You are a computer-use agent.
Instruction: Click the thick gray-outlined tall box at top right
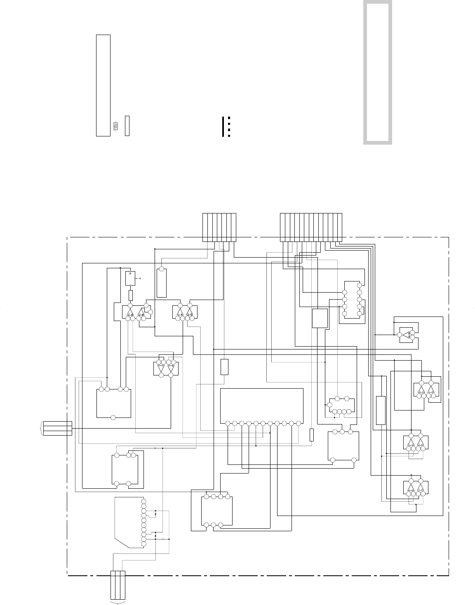point(377,73)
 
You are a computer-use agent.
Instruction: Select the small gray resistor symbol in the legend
point(116,126)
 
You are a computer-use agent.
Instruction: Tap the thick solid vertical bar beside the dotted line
point(223,127)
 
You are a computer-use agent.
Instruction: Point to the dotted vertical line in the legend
point(228,127)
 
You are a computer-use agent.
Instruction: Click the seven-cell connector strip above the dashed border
point(219,227)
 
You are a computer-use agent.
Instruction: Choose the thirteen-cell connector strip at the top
point(311,227)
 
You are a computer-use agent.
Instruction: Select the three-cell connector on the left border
point(58,428)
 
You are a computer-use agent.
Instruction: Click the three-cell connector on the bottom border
point(118,584)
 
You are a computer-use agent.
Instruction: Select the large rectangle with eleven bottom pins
point(262,406)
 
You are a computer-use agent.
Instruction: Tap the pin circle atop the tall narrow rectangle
point(162,270)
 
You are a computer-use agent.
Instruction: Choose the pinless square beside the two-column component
point(320,318)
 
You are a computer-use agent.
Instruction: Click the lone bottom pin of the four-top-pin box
point(113,417)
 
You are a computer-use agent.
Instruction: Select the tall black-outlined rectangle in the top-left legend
point(103,85)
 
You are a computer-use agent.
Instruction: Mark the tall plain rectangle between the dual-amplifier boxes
point(381,410)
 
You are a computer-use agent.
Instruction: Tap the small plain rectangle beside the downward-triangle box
point(224,367)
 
